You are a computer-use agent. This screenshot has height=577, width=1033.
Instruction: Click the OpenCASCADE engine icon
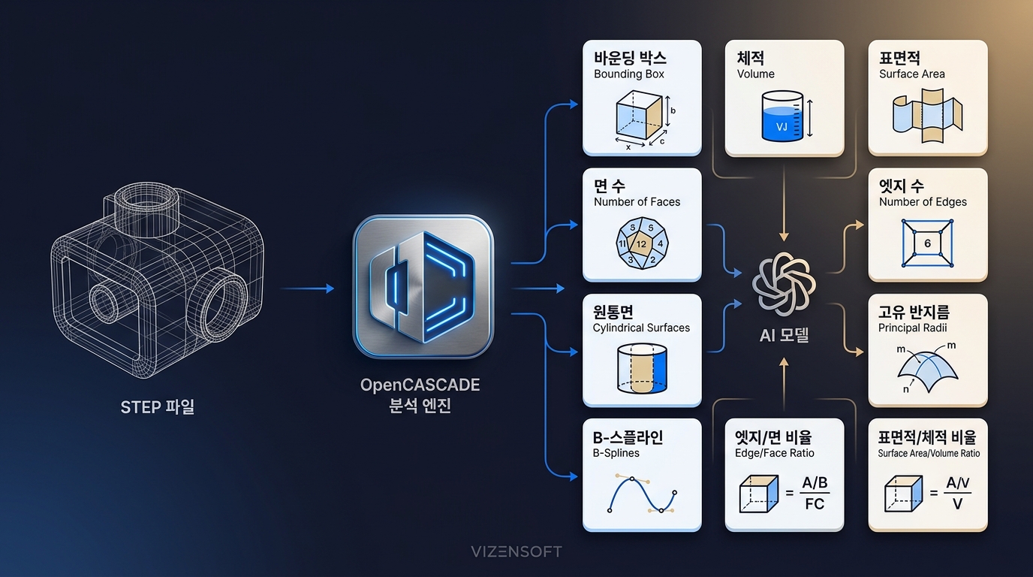tap(423, 286)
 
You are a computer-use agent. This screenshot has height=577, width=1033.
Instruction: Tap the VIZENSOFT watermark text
tap(516, 551)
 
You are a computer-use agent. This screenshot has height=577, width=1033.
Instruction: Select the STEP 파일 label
tap(158, 407)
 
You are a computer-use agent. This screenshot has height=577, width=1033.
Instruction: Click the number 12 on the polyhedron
tap(641, 244)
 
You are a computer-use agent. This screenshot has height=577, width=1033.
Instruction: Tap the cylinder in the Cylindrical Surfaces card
tap(642, 368)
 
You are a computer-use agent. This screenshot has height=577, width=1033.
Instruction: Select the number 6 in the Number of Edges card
tap(927, 243)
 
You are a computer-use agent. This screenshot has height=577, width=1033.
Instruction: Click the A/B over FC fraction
tap(815, 493)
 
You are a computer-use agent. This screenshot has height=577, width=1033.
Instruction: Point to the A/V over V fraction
tap(957, 493)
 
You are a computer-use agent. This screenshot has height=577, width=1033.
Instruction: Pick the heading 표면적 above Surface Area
tap(899, 58)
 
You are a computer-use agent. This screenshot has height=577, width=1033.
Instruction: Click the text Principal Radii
tap(912, 328)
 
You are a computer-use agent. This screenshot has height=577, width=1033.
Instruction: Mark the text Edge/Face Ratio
tap(774, 453)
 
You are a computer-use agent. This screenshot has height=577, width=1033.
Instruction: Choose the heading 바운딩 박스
tap(630, 58)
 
